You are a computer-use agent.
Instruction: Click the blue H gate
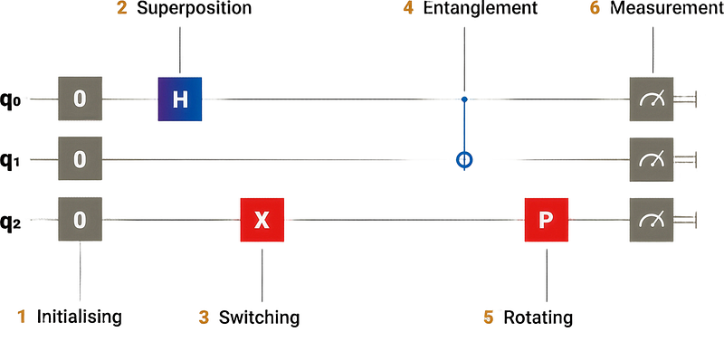(180, 99)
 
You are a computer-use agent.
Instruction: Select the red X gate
(262, 220)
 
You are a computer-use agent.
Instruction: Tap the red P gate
(547, 220)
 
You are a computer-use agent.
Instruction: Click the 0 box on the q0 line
(80, 99)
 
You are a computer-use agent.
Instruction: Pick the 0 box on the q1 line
(80, 159)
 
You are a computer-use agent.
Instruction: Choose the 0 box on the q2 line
(80, 219)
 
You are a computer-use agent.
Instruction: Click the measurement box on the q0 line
(652, 99)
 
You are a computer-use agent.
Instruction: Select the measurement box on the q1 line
(652, 160)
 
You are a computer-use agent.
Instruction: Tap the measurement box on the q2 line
(652, 220)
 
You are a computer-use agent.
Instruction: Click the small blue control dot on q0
(464, 99)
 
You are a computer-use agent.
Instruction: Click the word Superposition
(195, 9)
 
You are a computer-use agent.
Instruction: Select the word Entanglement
(481, 8)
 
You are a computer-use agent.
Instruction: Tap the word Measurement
(667, 8)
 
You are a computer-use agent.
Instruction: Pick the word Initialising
(80, 317)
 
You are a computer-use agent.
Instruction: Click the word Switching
(259, 317)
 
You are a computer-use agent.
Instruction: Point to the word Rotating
(538, 317)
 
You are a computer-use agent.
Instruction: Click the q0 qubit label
(10, 99)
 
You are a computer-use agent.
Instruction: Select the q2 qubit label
(10, 220)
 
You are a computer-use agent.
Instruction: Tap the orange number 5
(489, 317)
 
